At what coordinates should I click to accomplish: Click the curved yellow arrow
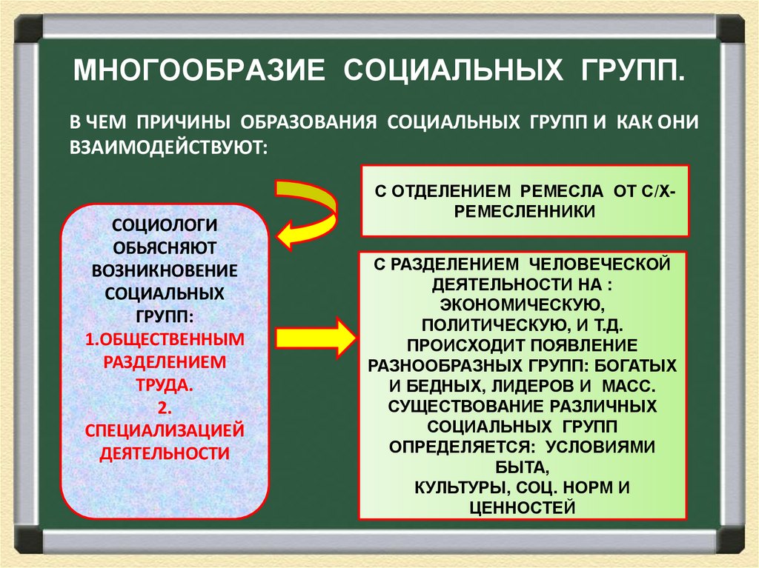pos(304,209)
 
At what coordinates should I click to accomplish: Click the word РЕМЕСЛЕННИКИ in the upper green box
pos(525,210)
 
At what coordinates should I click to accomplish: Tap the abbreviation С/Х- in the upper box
pos(657,191)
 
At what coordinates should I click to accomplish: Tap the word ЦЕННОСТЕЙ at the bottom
pos(523,507)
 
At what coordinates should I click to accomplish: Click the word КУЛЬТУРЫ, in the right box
pos(458,488)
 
